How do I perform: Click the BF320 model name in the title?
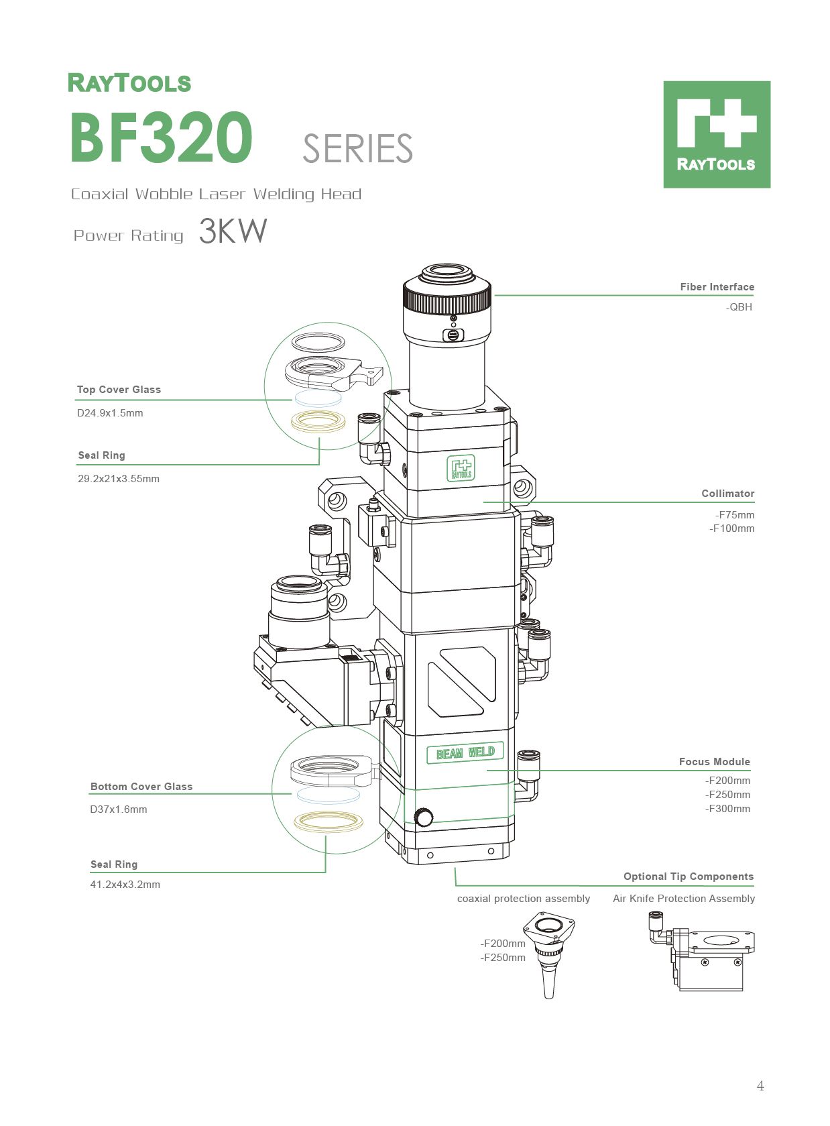click(x=161, y=137)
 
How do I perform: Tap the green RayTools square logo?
click(x=716, y=134)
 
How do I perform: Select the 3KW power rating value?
click(x=233, y=231)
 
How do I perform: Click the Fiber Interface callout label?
click(x=717, y=287)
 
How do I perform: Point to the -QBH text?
click(x=739, y=307)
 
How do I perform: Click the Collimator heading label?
click(x=727, y=494)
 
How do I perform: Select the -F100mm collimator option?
click(x=732, y=528)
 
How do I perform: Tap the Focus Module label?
click(x=714, y=762)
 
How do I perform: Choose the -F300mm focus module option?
click(x=727, y=809)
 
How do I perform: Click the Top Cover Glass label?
click(x=119, y=390)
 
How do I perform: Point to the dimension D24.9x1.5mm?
click(x=110, y=413)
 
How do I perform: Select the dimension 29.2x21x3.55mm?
click(x=119, y=479)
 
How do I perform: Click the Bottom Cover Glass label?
click(x=141, y=787)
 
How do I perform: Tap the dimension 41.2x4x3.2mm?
click(x=125, y=885)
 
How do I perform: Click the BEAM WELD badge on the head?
click(x=465, y=753)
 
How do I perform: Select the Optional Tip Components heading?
click(x=688, y=877)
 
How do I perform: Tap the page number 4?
click(x=760, y=1086)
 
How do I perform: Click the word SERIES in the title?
click(x=357, y=149)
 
